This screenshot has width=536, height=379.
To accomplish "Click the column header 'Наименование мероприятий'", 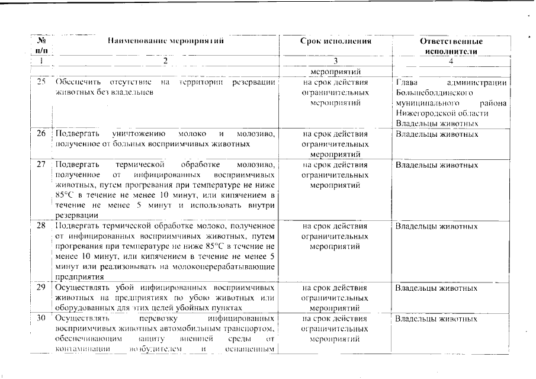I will click(x=165, y=41).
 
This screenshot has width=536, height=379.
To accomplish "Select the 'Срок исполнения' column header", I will click(x=335, y=41).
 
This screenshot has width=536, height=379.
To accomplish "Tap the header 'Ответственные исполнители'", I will click(x=451, y=46).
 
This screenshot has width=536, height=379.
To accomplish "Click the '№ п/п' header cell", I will click(x=41, y=46).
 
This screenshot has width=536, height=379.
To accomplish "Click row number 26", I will click(x=41, y=133).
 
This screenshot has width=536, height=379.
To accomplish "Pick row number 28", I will click(x=41, y=226).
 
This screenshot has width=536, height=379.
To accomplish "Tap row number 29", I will click(x=41, y=288).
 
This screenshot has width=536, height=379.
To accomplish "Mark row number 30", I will click(x=41, y=319).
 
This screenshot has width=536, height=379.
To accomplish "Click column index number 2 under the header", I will click(x=165, y=61).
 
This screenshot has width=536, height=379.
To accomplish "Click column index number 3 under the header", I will click(x=335, y=61).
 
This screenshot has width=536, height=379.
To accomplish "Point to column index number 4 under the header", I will click(x=451, y=61).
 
